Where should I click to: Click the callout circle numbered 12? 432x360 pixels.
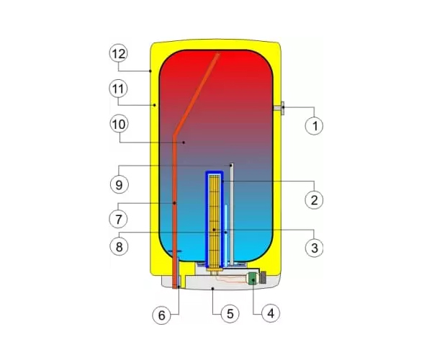119,54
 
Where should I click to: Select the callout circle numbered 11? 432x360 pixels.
119,89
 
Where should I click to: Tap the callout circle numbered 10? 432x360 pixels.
119,125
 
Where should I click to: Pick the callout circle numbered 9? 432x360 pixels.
120,184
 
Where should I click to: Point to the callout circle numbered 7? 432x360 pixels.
119,220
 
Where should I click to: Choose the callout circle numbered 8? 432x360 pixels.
119,246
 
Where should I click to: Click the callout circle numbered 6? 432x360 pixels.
161,315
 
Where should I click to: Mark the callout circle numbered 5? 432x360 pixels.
230,313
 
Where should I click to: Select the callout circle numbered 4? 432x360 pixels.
271,313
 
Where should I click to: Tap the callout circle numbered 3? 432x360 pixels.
315,248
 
